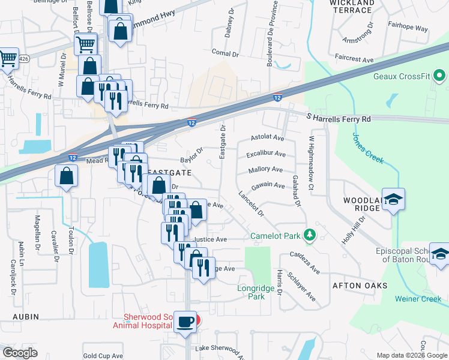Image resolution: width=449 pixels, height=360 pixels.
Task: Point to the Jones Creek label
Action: point(368,149)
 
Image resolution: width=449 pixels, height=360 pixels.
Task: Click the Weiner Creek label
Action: point(418,299)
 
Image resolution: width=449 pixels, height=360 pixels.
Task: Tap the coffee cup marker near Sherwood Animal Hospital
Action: point(185,322)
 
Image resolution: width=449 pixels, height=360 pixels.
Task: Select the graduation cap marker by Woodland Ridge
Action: point(393,199)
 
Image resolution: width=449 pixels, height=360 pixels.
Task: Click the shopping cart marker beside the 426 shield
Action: point(7,59)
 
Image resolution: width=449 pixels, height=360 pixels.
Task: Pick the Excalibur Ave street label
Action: point(266,155)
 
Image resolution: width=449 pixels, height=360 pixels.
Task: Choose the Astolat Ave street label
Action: point(267,137)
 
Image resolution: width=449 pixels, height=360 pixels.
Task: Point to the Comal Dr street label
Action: point(225,53)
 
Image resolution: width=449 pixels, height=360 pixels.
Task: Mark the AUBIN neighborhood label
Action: point(26,316)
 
